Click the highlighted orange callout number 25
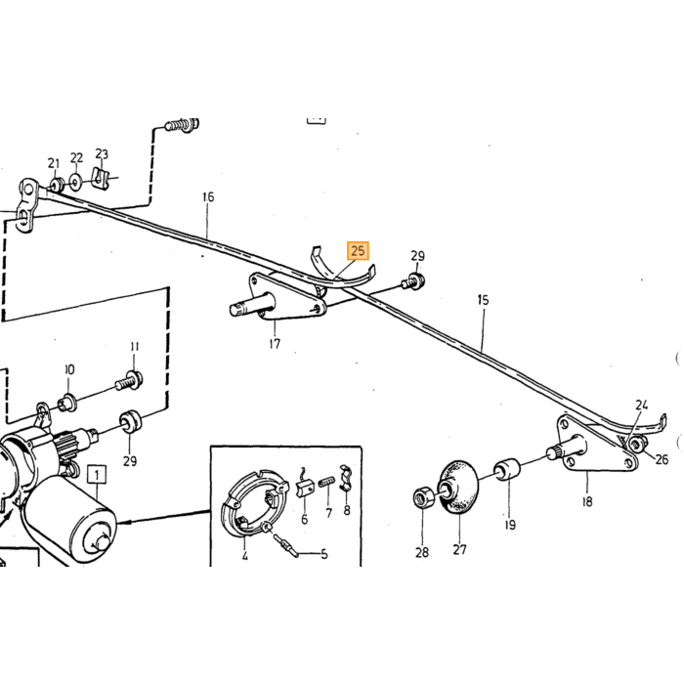tap(358, 251)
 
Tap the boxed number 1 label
tap(97, 475)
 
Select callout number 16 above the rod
tap(208, 197)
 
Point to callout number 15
tap(483, 300)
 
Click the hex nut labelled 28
tap(423, 496)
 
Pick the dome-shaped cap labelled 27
tap(457, 487)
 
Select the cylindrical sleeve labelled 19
tap(507, 468)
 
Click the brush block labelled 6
tap(305, 488)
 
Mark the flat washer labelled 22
tap(76, 181)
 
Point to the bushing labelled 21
tap(56, 185)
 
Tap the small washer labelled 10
tap(67, 403)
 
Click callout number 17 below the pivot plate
tap(275, 344)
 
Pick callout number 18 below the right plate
tap(587, 502)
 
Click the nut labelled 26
tap(637, 445)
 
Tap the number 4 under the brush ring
tap(244, 556)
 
